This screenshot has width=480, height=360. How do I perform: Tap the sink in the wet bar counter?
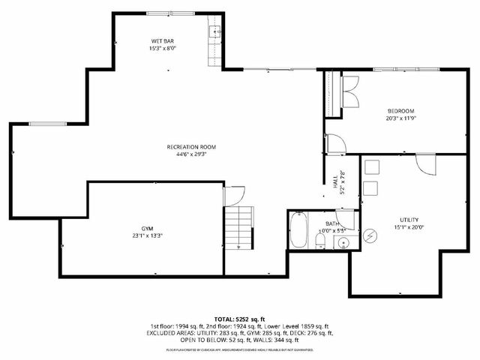pyautogui.click(x=214, y=31)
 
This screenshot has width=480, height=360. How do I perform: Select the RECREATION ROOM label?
pyautogui.click(x=191, y=147)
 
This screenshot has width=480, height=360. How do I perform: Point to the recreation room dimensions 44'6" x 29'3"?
pyautogui.click(x=191, y=155)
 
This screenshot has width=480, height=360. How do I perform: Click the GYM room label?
pyautogui.click(x=147, y=227)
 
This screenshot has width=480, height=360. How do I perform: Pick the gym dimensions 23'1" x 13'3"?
pyautogui.click(x=147, y=235)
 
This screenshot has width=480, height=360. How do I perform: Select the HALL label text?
pyautogui.click(x=334, y=180)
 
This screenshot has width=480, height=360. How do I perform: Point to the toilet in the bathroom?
pyautogui.click(x=319, y=239)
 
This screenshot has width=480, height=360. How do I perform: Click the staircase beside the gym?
pyautogui.click(x=238, y=229)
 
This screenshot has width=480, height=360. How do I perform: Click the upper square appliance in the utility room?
pyautogui.click(x=371, y=168)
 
